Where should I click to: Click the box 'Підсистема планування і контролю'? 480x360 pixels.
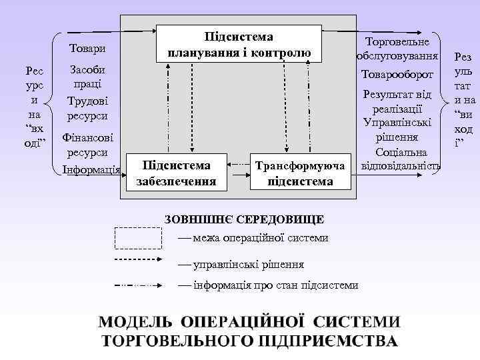[239, 44]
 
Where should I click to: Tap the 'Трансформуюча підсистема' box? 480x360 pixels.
[300, 172]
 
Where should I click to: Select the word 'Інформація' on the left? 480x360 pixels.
[91, 169]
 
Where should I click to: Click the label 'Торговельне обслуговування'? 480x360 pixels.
[397, 48]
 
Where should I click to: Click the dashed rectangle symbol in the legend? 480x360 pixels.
[139, 238]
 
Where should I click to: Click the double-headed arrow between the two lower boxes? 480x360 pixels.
[239, 162]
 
